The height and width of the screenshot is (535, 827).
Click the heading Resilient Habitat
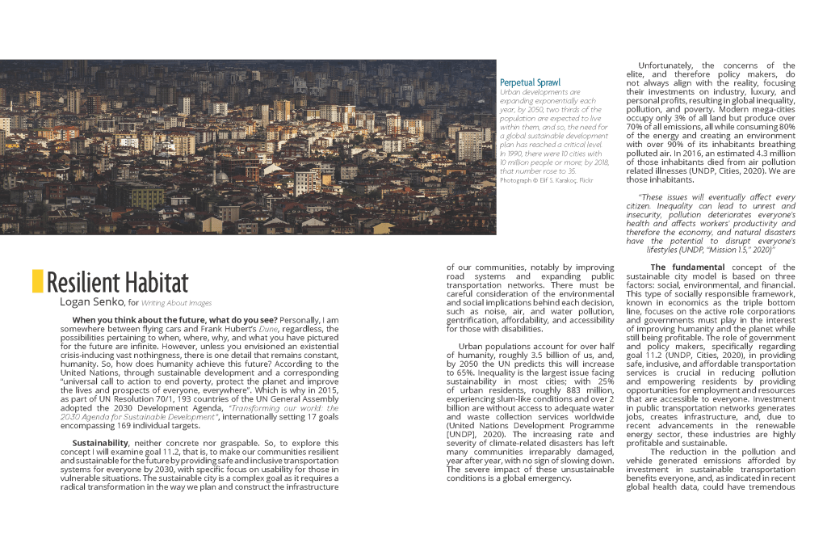pyautogui.click(x=117, y=282)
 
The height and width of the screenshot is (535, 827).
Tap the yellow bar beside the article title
pyautogui.click(x=37, y=280)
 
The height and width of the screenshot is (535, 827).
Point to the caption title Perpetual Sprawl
pyautogui.click(x=530, y=82)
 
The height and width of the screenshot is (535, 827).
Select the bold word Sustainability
pyautogui.click(x=100, y=443)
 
